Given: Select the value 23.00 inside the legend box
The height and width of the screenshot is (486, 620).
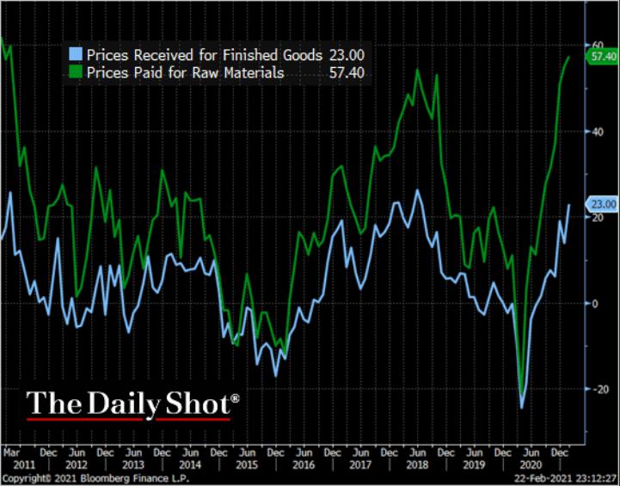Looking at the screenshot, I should [x=346, y=54].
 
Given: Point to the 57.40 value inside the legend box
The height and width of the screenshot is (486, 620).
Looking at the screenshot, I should [x=346, y=73].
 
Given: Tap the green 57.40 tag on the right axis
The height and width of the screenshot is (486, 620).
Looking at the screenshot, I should [x=602, y=57].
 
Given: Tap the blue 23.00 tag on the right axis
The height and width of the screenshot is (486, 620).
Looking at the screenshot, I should [x=602, y=204].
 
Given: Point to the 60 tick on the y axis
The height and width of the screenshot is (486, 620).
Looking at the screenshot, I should [x=595, y=45].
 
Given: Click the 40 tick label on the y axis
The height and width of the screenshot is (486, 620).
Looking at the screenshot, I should [x=595, y=132].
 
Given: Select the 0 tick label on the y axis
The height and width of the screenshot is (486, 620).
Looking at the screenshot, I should [x=592, y=304].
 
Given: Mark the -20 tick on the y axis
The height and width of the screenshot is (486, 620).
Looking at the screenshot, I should [x=594, y=390].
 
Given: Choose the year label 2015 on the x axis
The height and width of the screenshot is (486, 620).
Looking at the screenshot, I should [x=246, y=464].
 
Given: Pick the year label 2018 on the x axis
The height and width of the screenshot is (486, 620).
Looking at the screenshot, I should [x=416, y=464].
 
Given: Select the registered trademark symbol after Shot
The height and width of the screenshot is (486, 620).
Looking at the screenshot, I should [x=235, y=397].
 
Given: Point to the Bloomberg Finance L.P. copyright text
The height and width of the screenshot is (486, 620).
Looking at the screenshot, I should [x=82, y=477].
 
